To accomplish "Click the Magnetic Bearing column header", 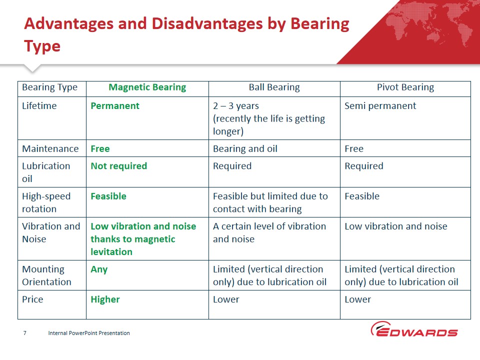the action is tap(147, 87).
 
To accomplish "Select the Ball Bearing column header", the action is tap(274, 87).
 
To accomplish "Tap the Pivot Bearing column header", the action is tap(405, 87).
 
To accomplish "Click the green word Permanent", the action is tap(115, 106).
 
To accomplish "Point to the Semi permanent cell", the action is tap(380, 106).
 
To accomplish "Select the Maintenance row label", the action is tap(50, 149).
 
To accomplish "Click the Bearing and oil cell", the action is tap(245, 149).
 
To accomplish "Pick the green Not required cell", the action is tap(119, 166).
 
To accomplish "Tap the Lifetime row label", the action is tap(39, 106).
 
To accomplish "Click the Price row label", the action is tap(32, 299).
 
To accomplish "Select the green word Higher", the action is tap(105, 299).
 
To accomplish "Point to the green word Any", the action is tap(99, 269).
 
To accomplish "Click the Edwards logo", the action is tap(414, 329).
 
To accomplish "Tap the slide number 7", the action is tap(25, 333).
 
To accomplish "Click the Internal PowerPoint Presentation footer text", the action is tap(89, 333).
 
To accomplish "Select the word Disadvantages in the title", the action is tap(207, 24).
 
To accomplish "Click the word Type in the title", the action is tap(42, 46).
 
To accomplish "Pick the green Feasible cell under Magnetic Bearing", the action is tap(108, 196).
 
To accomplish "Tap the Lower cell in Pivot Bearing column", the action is tap(357, 299).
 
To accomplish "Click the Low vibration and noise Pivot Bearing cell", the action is tap(396, 226).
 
